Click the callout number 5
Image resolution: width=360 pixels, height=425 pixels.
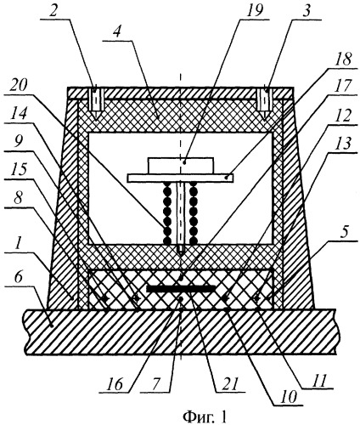click(343, 232)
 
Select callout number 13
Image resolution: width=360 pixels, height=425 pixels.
click(342, 144)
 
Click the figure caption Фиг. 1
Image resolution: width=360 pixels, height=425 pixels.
click(205, 416)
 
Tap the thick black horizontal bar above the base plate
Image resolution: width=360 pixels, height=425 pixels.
click(181, 289)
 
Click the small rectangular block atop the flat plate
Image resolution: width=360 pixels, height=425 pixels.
click(180, 165)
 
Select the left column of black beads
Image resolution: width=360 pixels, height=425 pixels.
click(167, 212)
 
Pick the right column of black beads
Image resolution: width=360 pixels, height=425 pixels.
click(194, 212)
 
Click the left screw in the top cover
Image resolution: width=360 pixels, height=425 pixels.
click(96, 101)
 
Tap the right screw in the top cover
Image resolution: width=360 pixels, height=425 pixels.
click(266, 101)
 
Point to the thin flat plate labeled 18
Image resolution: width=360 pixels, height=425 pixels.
click(180, 178)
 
